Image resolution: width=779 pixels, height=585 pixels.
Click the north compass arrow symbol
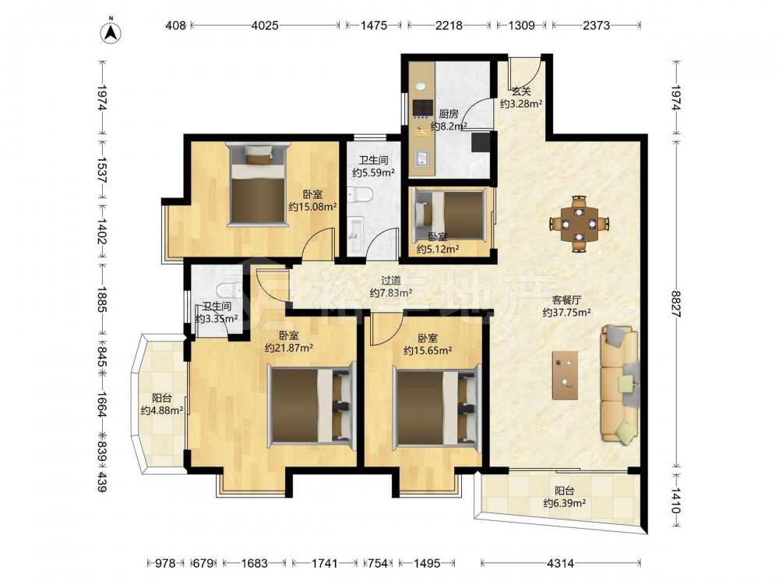click(111, 31)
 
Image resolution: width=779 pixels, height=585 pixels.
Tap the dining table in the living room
click(579, 224)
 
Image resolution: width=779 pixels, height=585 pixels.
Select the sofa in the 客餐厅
click(619, 383)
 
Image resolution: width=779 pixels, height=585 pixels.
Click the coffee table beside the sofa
click(565, 375)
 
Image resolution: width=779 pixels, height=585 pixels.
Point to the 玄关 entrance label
click(521, 91)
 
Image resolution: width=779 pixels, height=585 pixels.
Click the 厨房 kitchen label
click(448, 114)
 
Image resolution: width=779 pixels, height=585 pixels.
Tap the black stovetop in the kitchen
click(423, 108)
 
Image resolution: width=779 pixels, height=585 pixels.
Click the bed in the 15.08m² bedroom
click(257, 185)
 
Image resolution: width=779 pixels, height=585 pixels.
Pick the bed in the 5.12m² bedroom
click(449, 214)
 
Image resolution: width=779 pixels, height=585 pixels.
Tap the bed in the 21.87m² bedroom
click(312, 406)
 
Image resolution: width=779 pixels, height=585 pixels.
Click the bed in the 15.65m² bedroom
click(438, 406)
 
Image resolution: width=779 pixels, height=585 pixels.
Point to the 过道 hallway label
click(390, 281)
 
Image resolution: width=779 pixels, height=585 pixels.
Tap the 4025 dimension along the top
click(265, 25)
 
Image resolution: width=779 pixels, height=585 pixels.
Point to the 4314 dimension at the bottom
click(560, 563)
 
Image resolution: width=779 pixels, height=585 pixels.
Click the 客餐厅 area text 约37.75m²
click(566, 313)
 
